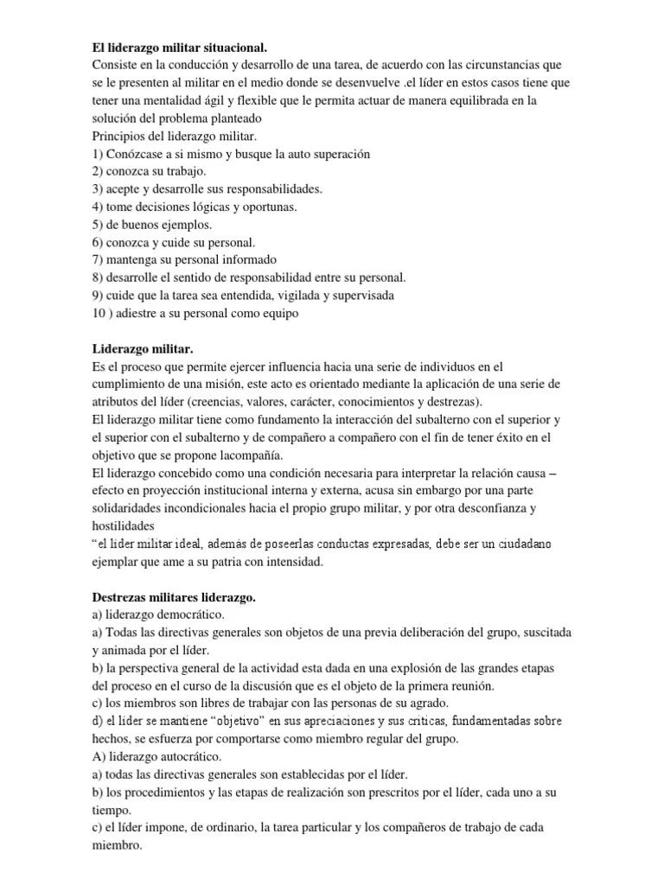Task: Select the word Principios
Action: (118, 136)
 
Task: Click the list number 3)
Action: (98, 188)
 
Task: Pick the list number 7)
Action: (98, 260)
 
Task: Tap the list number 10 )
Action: (101, 314)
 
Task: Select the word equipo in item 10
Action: (278, 314)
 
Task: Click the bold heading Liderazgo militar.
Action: (143, 349)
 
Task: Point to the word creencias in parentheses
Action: (243, 402)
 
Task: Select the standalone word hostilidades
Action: (123, 525)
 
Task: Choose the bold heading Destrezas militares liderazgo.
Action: (174, 597)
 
